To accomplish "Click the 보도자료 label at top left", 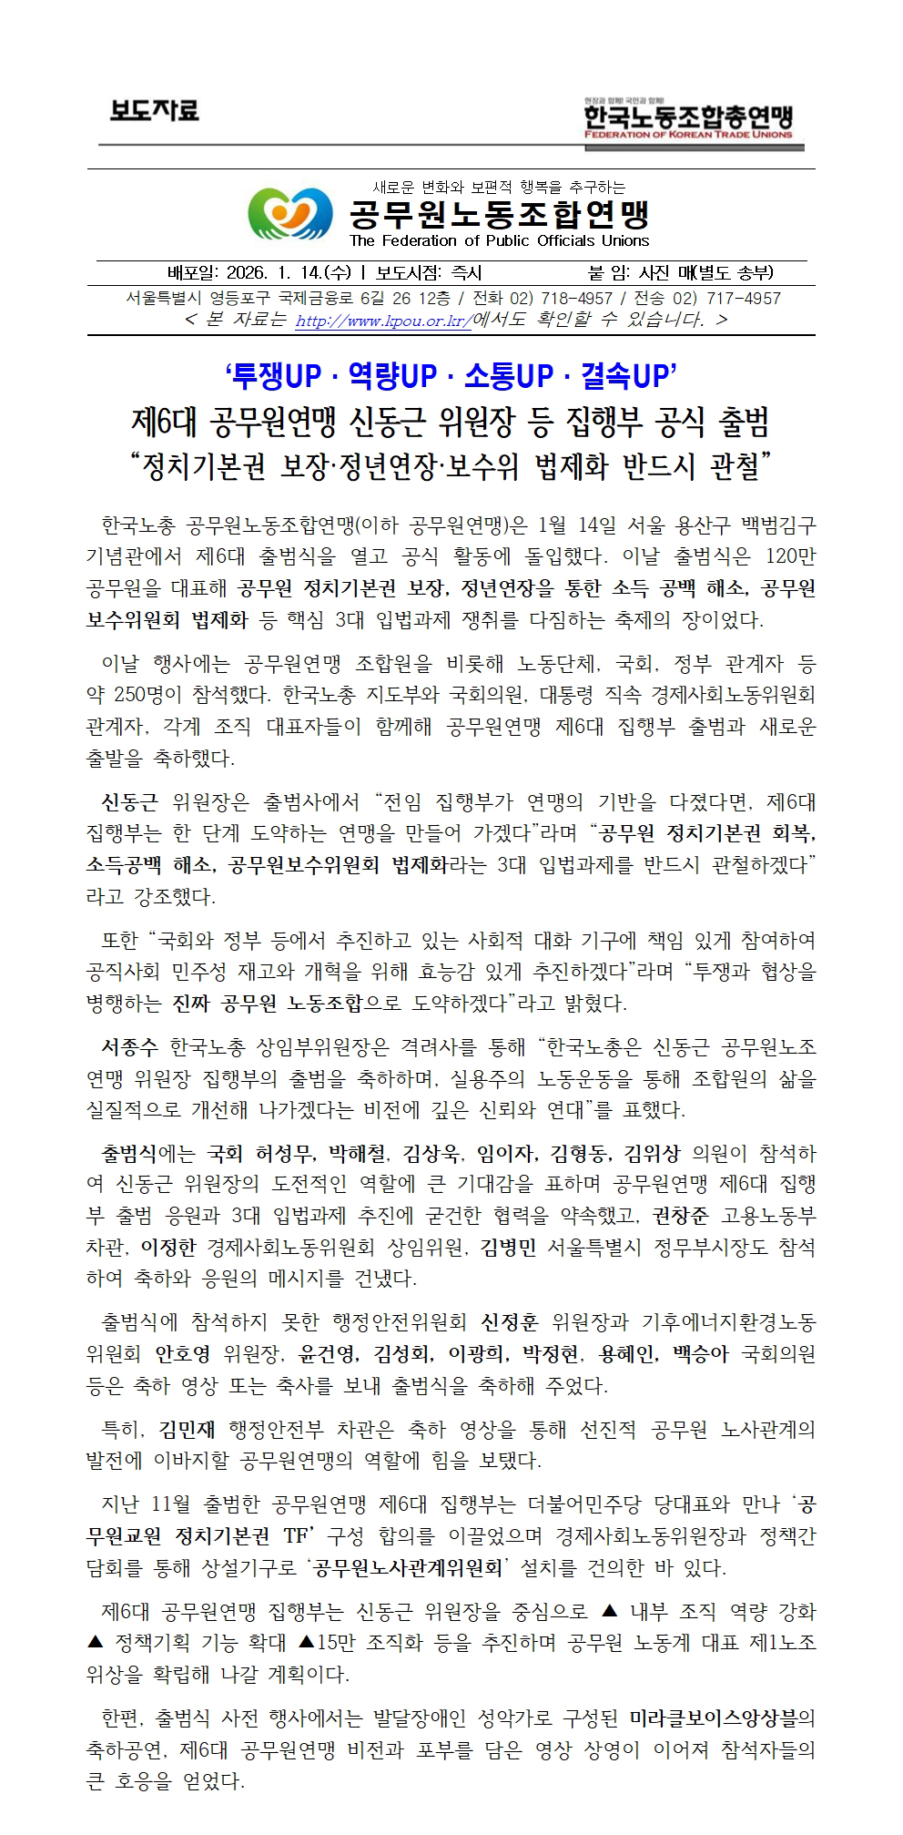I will click(154, 111).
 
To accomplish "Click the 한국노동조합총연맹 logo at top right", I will click(688, 119).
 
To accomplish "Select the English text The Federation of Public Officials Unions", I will click(499, 241).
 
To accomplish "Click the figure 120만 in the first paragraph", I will click(790, 556).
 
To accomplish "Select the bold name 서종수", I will click(129, 1047).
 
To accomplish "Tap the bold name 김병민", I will click(508, 1248).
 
